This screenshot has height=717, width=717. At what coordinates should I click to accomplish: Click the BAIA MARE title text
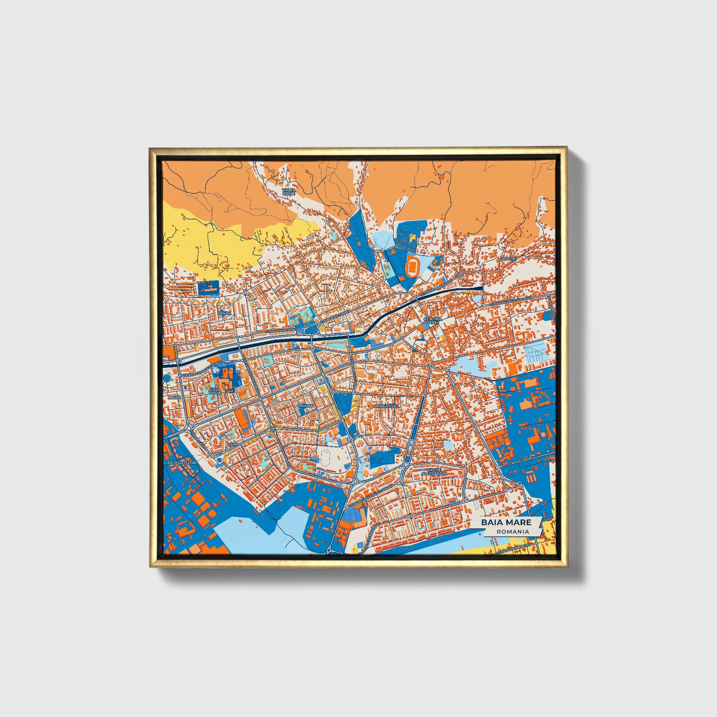pos(506,522)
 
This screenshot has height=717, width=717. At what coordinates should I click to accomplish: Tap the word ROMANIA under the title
pos(513,531)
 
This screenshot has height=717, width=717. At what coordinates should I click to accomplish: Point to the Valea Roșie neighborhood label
pos(289,192)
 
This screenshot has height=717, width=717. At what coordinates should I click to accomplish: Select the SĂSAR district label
pos(224,313)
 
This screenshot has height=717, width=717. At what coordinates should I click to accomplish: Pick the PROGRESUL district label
pos(387,406)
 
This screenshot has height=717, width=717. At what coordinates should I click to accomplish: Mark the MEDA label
pos(174,397)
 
